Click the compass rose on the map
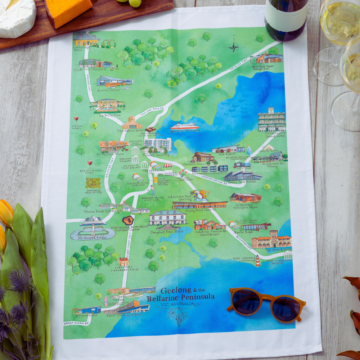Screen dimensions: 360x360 234,46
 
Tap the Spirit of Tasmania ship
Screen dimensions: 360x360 184,126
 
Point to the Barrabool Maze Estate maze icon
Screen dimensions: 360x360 93,183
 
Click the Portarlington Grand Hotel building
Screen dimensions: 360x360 271,120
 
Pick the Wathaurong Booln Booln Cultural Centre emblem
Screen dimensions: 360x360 128,220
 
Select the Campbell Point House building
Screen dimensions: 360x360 167,218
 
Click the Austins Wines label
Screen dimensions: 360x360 111,90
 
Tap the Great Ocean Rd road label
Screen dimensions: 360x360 76,323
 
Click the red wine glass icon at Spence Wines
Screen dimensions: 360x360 76,118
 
